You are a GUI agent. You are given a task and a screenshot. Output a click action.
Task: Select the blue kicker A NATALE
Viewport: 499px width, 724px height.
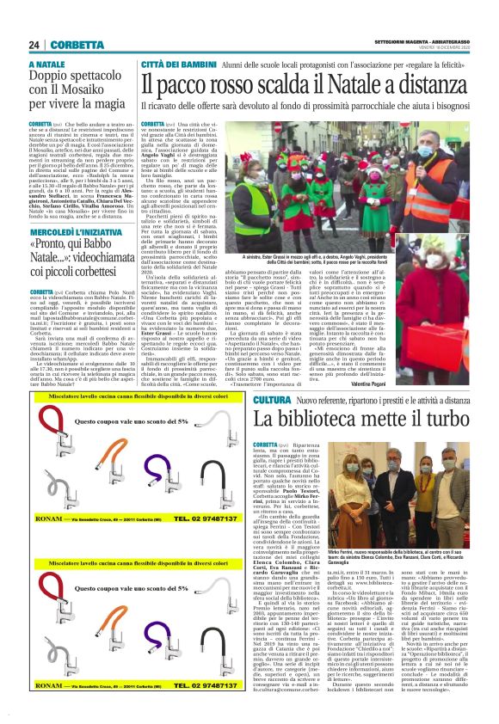[47, 64]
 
